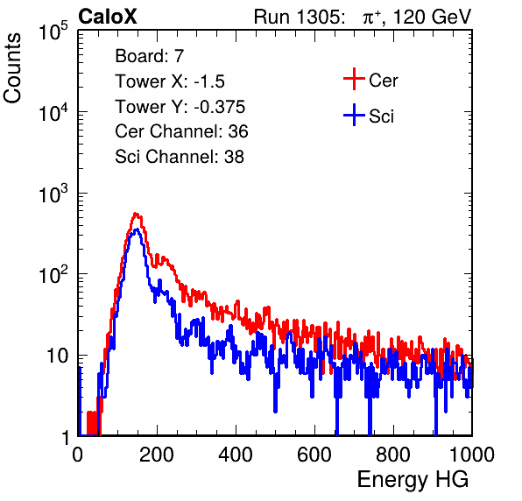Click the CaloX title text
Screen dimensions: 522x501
click(x=108, y=17)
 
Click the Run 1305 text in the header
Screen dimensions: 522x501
click(x=298, y=17)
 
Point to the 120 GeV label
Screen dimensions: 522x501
click(x=432, y=17)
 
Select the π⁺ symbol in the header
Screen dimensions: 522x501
click(x=372, y=18)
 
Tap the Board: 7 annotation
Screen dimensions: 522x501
click(x=150, y=55)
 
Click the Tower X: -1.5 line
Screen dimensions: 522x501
click(x=170, y=81)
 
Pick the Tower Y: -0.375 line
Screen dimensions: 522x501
click(x=180, y=106)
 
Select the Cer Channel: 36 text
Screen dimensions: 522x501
click(x=181, y=131)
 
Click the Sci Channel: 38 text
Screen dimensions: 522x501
click(x=180, y=156)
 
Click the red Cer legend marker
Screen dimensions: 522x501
click(x=354, y=79)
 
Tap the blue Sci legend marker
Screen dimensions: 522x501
click(x=354, y=116)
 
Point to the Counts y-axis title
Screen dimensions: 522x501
click(x=12, y=68)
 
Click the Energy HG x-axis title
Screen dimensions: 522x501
click(x=413, y=480)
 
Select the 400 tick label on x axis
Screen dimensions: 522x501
click(x=236, y=455)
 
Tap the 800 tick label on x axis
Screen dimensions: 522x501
click(x=393, y=455)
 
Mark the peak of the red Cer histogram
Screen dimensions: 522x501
click(x=136, y=214)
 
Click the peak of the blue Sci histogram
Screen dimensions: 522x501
click(x=136, y=229)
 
